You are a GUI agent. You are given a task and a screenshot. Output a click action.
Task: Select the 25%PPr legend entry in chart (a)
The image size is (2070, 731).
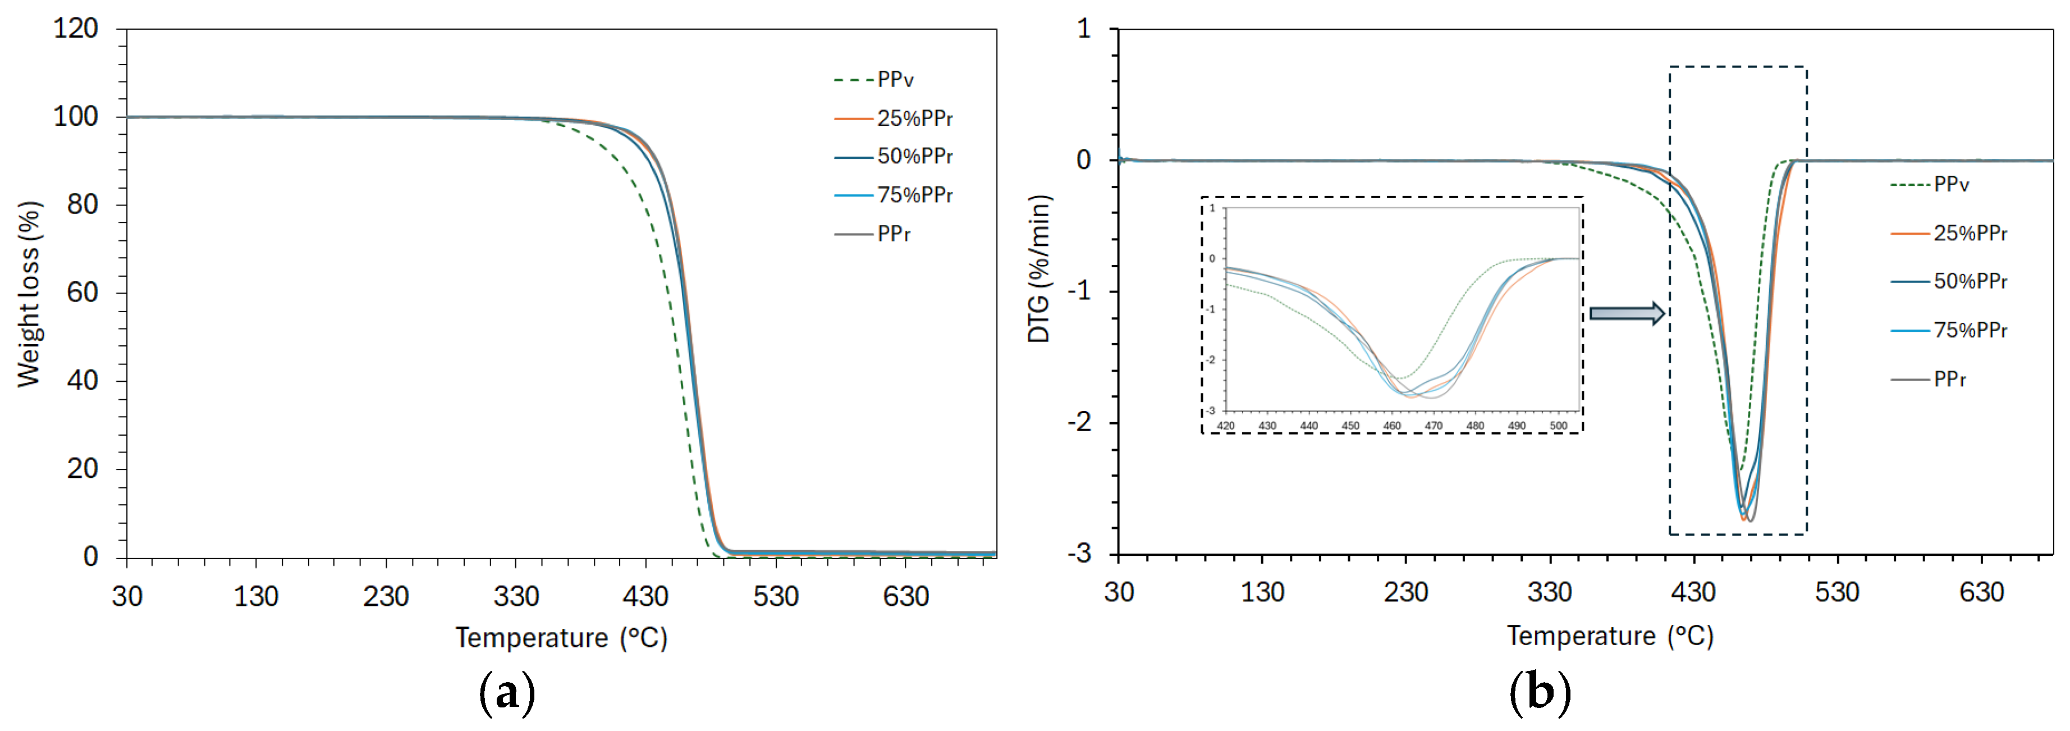point(914,118)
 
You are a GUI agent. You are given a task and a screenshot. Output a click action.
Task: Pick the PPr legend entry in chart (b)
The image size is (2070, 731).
point(1949,380)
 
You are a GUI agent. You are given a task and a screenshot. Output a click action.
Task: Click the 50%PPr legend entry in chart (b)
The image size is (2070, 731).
point(1970,281)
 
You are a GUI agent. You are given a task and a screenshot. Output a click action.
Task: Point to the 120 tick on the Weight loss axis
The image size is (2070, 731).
point(76,29)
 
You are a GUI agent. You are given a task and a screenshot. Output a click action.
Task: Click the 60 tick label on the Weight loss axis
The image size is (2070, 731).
point(83,293)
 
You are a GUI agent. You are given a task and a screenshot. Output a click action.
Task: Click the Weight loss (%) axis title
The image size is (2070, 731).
point(29,294)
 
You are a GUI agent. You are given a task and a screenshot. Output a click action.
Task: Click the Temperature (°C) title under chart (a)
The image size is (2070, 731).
point(561,638)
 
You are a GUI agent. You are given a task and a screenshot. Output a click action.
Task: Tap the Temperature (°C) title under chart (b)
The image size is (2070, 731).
point(1610,636)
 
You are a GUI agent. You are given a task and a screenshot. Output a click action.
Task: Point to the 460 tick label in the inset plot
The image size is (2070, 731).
point(1392,426)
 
